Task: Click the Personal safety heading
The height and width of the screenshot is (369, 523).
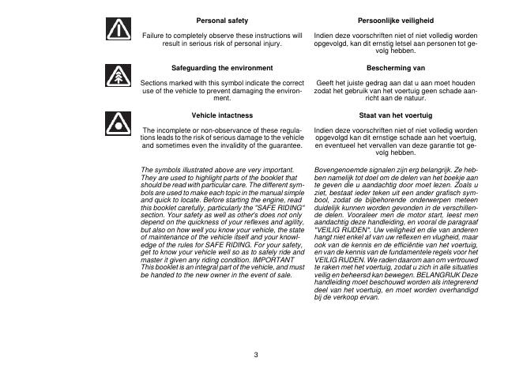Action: pos(222,20)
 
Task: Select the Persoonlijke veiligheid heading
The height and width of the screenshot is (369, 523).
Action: pos(396,20)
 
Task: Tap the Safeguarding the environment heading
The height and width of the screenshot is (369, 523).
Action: pos(222,68)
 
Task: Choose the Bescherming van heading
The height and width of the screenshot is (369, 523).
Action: pos(396,68)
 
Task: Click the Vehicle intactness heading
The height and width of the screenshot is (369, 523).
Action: pos(222,115)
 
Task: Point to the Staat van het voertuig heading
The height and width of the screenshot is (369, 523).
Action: pos(396,115)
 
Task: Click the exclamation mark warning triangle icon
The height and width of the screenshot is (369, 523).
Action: pos(117,30)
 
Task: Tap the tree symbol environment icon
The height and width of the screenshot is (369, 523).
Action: pos(117,77)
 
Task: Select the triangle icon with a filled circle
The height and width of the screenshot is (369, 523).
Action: pos(117,123)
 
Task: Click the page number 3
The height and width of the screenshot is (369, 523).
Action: pos(256,353)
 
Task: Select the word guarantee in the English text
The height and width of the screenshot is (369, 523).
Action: pos(284,145)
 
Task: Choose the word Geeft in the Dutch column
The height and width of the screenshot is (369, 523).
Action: pos(325,82)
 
